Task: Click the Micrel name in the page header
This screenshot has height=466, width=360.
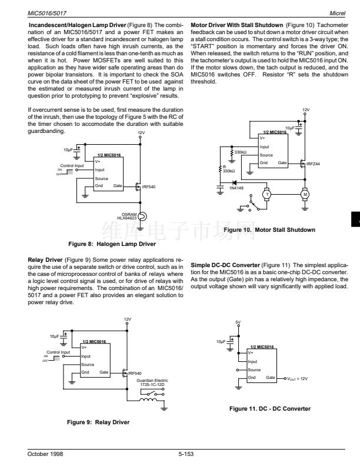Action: [337, 14]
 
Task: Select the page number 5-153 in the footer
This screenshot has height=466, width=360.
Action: [186, 454]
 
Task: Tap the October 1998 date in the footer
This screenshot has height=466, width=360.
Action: [45, 454]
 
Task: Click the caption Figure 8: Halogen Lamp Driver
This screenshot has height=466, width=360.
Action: [112, 244]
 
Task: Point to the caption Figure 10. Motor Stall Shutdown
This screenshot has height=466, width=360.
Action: [269, 229]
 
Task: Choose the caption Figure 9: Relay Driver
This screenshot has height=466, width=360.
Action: [98, 422]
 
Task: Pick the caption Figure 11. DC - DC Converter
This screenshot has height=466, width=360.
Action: [269, 409]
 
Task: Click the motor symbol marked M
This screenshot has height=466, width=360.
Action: [305, 195]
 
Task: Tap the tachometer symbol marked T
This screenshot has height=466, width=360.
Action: [267, 195]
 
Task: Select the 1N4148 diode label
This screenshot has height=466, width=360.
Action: [236, 188]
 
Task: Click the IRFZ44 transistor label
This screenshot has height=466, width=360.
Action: [313, 164]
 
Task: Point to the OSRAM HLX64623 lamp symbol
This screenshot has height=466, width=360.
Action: [142, 217]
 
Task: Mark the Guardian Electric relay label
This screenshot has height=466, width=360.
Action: [152, 382]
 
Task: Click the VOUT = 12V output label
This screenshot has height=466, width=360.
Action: [297, 379]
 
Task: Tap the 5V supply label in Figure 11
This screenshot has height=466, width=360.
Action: [238, 322]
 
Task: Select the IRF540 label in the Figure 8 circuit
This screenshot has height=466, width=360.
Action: [148, 187]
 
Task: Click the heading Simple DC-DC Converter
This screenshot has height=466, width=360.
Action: [225, 265]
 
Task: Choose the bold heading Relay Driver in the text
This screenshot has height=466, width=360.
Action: [45, 259]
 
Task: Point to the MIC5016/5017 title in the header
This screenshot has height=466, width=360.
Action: [47, 14]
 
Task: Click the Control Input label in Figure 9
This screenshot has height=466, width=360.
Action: [58, 352]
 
